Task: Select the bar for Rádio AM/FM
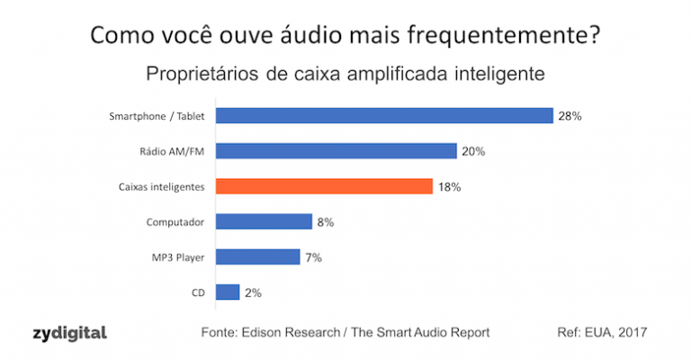pos(337,150)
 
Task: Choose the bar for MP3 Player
pos(258,256)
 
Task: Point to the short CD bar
pos(228,292)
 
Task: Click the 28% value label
pos(570,116)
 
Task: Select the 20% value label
pos(473,151)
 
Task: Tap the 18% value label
pos(449,186)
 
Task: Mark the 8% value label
pos(326,221)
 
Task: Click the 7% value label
pos(313,257)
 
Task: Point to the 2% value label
pos(252,292)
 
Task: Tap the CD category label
pos(197,292)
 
